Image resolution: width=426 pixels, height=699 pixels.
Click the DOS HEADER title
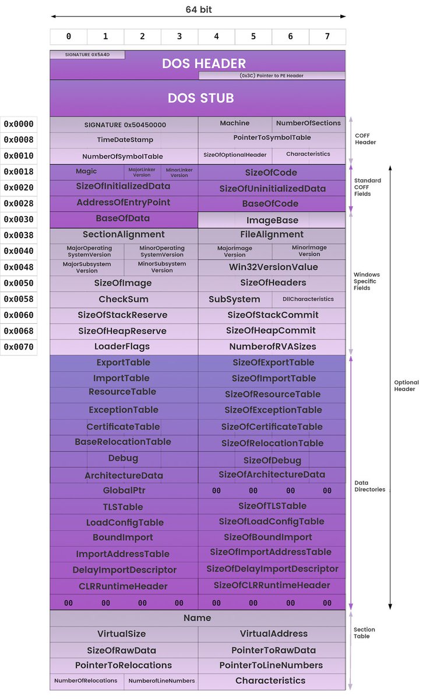pos(204,63)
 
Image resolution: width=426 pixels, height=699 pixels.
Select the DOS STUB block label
pos(200,98)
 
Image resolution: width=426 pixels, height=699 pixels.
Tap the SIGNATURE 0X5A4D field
pos(87,55)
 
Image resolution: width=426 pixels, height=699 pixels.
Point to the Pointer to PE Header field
pos(272,76)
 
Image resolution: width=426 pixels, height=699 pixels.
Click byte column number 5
pos(254,37)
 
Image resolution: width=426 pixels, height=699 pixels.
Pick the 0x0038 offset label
pos(19,235)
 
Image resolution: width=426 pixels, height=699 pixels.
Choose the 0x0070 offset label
pos(19,347)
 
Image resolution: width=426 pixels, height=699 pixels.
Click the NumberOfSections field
pos(308,123)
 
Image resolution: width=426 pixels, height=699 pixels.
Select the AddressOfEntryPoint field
pos(124,203)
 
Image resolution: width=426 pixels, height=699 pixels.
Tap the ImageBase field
pos(272,220)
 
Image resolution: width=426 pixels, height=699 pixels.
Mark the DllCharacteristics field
pos(308,299)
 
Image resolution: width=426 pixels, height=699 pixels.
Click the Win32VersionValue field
pos(273,267)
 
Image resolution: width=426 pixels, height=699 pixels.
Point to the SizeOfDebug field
pos(272,461)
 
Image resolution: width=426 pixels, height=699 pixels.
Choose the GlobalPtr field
pos(124,490)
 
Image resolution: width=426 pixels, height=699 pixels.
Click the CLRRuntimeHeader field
pos(124,587)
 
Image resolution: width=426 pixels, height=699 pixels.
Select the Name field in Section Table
pos(197,618)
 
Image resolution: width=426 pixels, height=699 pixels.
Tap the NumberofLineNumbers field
pos(161,680)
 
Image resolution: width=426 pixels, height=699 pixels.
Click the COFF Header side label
pos(365,139)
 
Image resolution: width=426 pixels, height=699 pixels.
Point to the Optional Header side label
pos(406,386)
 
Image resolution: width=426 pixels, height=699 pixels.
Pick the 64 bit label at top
pos(199,10)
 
